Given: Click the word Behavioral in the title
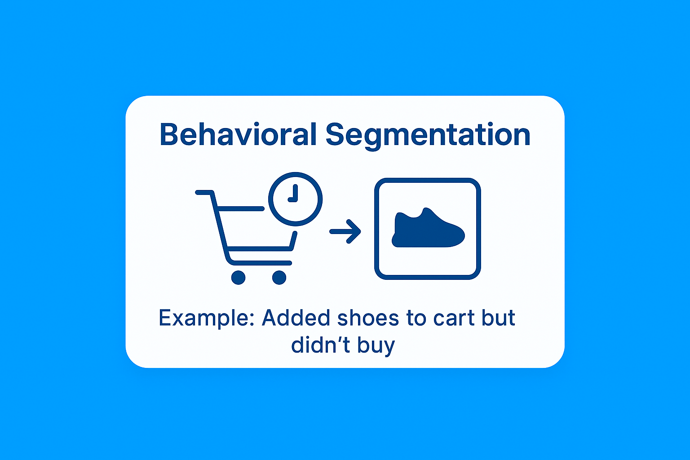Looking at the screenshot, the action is (238, 134).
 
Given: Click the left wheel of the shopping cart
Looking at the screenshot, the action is (238, 278).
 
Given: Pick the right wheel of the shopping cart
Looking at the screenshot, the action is (279, 278).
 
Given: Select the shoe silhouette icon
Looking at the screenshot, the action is (428, 228).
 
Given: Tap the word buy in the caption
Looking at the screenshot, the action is (376, 346).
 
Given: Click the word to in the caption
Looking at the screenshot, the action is (416, 318).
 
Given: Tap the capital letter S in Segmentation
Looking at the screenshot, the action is (335, 134).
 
